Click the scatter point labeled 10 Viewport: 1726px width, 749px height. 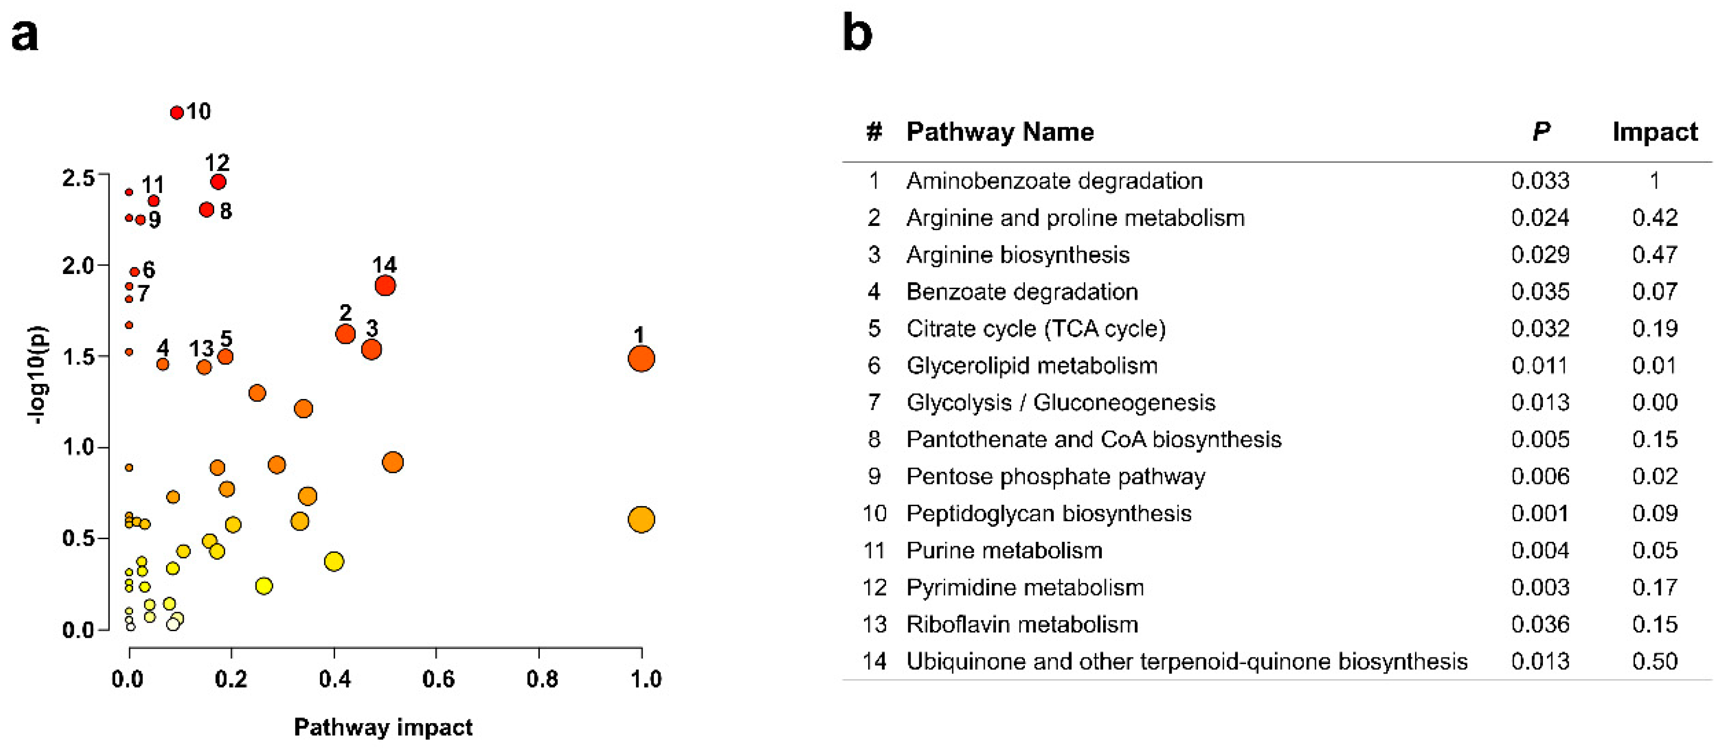pyautogui.click(x=177, y=113)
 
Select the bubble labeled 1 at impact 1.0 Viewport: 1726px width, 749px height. pyautogui.click(x=641, y=358)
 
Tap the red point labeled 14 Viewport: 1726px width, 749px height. pyautogui.click(x=385, y=285)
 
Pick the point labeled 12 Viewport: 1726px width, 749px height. pyautogui.click(x=218, y=182)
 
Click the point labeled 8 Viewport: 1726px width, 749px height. pyautogui.click(x=206, y=210)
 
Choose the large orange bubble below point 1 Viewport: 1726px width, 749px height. pyautogui.click(x=641, y=519)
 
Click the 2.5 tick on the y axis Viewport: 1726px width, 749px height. pyautogui.click(x=79, y=178)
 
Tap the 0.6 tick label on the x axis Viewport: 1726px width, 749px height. pyautogui.click(x=438, y=679)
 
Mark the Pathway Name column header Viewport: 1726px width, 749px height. pyautogui.click(x=1000, y=132)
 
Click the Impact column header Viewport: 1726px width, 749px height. pyautogui.click(x=1654, y=132)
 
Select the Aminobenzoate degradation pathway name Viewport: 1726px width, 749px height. pyautogui.click(x=1054, y=181)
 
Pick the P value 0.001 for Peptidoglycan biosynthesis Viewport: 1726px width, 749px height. pyautogui.click(x=1540, y=513)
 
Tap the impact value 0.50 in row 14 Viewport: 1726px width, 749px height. pyautogui.click(x=1654, y=661)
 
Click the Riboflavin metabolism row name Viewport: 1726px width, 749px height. pyautogui.click(x=1022, y=624)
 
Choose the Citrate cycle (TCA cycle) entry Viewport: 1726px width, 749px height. pyautogui.click(x=1036, y=329)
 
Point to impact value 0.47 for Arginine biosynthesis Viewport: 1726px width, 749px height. pyautogui.click(x=1654, y=255)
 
